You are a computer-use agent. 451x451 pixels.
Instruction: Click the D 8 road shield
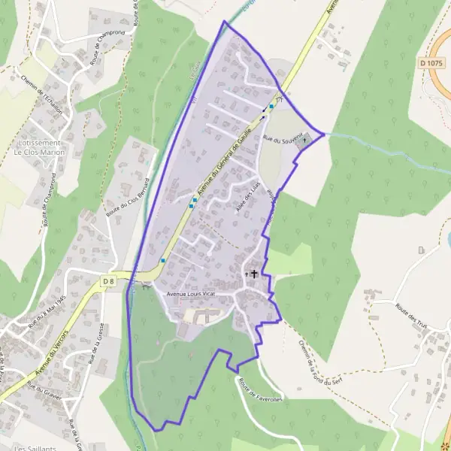click(x=107, y=281)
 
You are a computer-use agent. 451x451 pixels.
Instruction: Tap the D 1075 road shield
click(x=431, y=64)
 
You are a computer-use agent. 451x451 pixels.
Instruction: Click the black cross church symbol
click(x=254, y=274)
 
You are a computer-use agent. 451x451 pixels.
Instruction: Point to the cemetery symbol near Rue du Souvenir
click(x=304, y=140)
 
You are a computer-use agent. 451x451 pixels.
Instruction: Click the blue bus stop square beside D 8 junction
click(x=163, y=260)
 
